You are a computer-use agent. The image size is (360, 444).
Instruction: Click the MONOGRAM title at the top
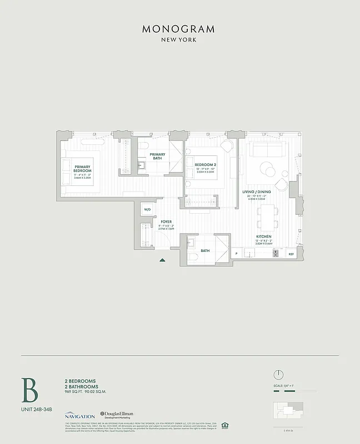(x=178, y=29)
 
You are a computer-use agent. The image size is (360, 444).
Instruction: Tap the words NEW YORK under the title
(x=178, y=40)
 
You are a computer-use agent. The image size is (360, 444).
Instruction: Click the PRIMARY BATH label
(x=157, y=157)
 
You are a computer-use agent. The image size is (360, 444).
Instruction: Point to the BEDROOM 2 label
(x=205, y=165)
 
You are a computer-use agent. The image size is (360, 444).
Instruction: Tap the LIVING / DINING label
(x=256, y=192)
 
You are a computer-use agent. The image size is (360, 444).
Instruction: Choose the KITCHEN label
(x=264, y=236)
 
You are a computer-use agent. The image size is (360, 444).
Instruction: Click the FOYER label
(x=166, y=221)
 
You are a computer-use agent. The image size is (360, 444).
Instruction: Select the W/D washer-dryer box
(x=147, y=209)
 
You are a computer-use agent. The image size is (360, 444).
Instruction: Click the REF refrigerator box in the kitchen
(x=291, y=254)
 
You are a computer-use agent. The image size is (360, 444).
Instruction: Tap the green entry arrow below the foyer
(x=162, y=259)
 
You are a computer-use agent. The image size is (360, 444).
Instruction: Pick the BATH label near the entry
(x=205, y=251)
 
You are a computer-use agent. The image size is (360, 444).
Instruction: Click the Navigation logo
(x=79, y=416)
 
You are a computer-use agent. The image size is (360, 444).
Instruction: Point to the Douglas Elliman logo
(x=118, y=415)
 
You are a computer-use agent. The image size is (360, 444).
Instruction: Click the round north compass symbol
(x=278, y=374)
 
